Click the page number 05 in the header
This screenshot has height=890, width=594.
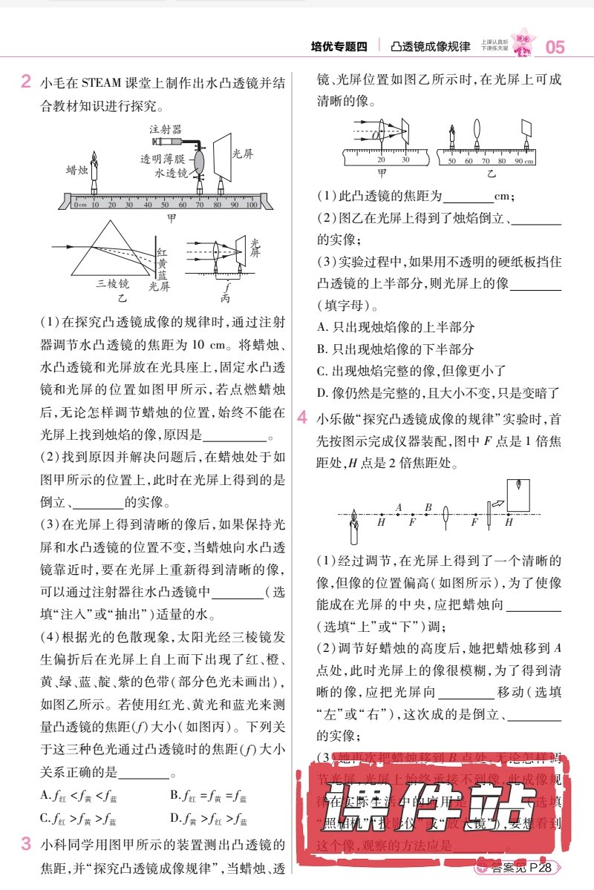pos(555,47)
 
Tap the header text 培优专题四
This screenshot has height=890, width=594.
pos(339,47)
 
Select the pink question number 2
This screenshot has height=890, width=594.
pos(25,81)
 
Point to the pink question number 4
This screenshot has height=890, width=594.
pos(302,418)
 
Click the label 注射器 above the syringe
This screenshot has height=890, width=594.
pos(165,128)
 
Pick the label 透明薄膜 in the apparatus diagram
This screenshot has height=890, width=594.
pos(166,159)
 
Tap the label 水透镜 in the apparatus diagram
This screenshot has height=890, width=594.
pos(171,173)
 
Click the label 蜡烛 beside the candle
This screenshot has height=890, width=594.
pos(77,169)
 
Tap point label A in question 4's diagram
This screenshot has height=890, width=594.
pos(399,507)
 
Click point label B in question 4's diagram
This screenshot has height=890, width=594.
pos(428,507)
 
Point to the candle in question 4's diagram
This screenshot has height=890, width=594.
pos(354,527)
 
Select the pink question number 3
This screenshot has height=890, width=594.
pos(25,843)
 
